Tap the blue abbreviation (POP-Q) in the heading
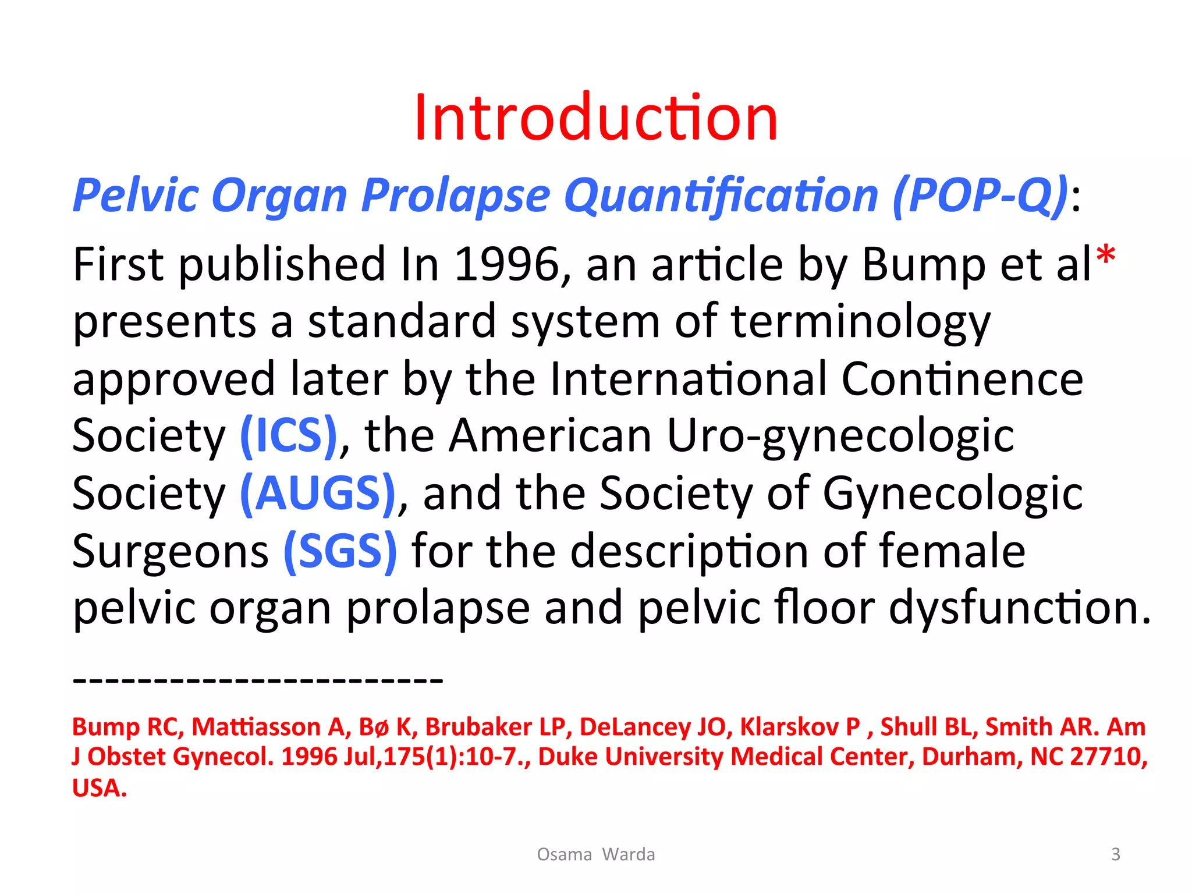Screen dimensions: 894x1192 (980, 195)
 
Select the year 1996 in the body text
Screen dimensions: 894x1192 (506, 265)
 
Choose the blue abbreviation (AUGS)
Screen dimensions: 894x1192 (318, 494)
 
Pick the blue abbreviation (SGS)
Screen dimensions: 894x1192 (340, 551)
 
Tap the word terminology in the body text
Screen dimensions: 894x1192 (860, 322)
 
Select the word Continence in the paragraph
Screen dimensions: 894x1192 (962, 379)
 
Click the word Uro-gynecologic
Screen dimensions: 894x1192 (839, 436)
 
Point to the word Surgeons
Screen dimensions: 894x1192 (171, 551)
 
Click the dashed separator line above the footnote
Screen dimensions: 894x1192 (258, 679)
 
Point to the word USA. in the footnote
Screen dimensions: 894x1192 (99, 787)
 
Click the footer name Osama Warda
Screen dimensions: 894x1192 (595, 854)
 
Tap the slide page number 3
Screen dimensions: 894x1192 (1115, 854)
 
